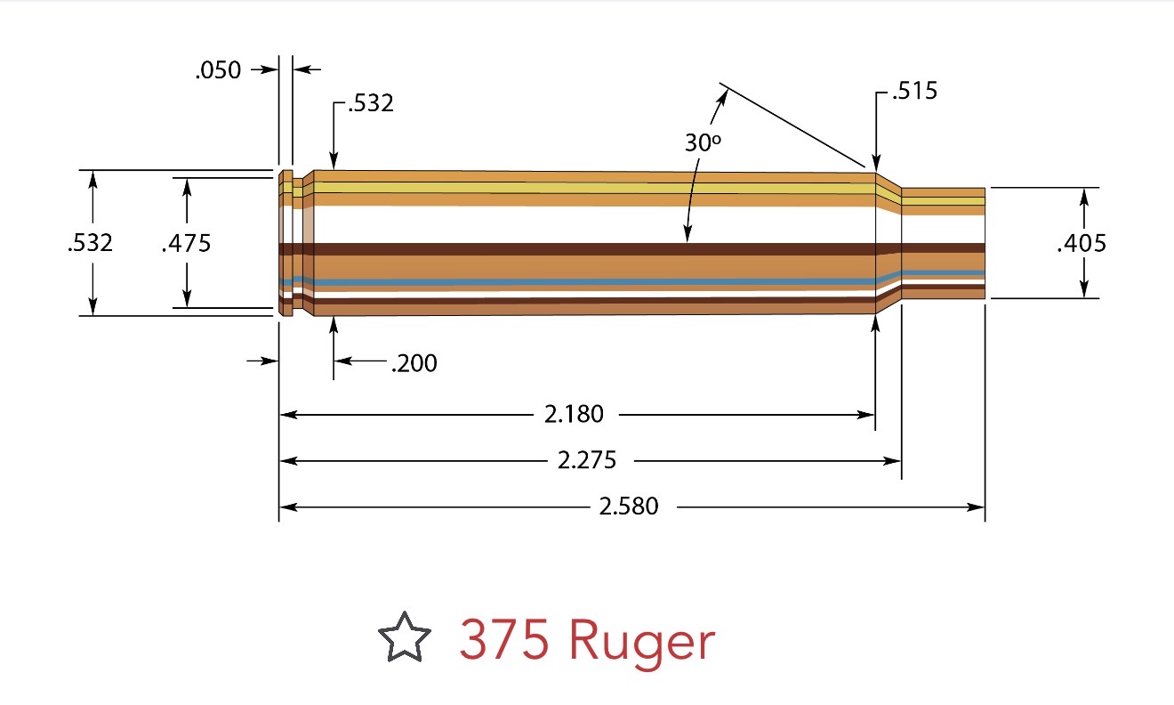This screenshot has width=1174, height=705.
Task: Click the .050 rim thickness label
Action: coord(218,70)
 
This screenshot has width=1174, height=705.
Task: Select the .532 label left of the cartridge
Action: coord(91,242)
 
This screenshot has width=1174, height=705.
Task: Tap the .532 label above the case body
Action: coord(370,104)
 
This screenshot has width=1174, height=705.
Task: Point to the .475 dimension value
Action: coord(187,242)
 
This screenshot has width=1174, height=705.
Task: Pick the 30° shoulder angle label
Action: coord(702,142)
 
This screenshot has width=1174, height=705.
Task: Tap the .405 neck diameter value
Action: coord(1082,242)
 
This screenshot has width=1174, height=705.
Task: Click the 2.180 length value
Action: coord(574,414)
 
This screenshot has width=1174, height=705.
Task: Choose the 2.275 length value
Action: coord(586,460)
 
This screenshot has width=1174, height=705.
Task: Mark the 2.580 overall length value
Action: coord(629,506)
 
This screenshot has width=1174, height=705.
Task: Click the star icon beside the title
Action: coord(405,637)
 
